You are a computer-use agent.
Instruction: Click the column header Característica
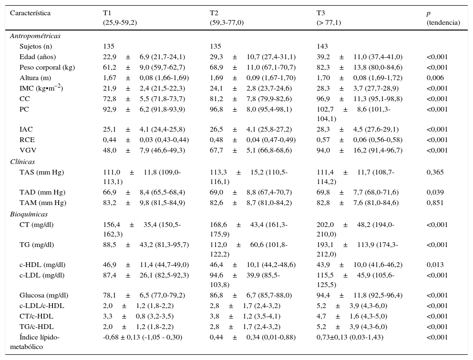30,13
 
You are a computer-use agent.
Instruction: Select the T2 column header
214,13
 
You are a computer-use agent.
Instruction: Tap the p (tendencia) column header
443,18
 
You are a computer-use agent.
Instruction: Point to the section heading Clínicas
22,162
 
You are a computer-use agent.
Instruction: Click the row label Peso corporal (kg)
47,67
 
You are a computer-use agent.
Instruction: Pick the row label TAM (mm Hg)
42,203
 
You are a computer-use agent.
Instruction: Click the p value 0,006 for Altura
435,78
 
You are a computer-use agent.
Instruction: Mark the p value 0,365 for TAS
435,172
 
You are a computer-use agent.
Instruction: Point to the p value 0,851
435,203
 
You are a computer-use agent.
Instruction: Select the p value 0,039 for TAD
435,192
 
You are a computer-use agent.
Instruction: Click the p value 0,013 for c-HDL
435,265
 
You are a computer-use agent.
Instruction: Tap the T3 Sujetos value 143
322,46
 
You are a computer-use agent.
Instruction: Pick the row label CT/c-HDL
36,316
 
